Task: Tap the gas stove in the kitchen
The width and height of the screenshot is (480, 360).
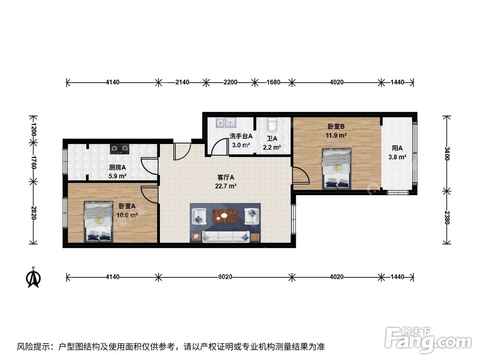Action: coord(120,148)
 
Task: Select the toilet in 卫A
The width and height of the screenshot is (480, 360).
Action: coord(273,124)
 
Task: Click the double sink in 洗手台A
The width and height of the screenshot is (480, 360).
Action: coord(224,123)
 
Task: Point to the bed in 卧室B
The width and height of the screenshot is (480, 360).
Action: coord(336,168)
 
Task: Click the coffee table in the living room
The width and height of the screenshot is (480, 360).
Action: coord(225,216)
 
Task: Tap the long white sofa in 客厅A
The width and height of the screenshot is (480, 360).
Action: coord(225,236)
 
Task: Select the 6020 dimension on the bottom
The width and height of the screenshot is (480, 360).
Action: coord(225,277)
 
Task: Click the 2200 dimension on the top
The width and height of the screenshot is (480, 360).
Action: coord(230,83)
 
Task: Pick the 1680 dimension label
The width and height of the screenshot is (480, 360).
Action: coord(273,83)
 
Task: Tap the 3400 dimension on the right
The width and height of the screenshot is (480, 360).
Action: coord(447,154)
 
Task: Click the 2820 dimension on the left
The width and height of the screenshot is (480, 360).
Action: coord(33,213)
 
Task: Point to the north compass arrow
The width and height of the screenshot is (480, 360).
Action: coord(33,277)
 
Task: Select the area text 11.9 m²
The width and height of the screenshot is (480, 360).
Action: coord(336,135)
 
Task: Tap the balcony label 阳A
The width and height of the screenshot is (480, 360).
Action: coord(396,148)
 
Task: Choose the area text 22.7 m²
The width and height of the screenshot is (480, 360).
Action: coord(226,186)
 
